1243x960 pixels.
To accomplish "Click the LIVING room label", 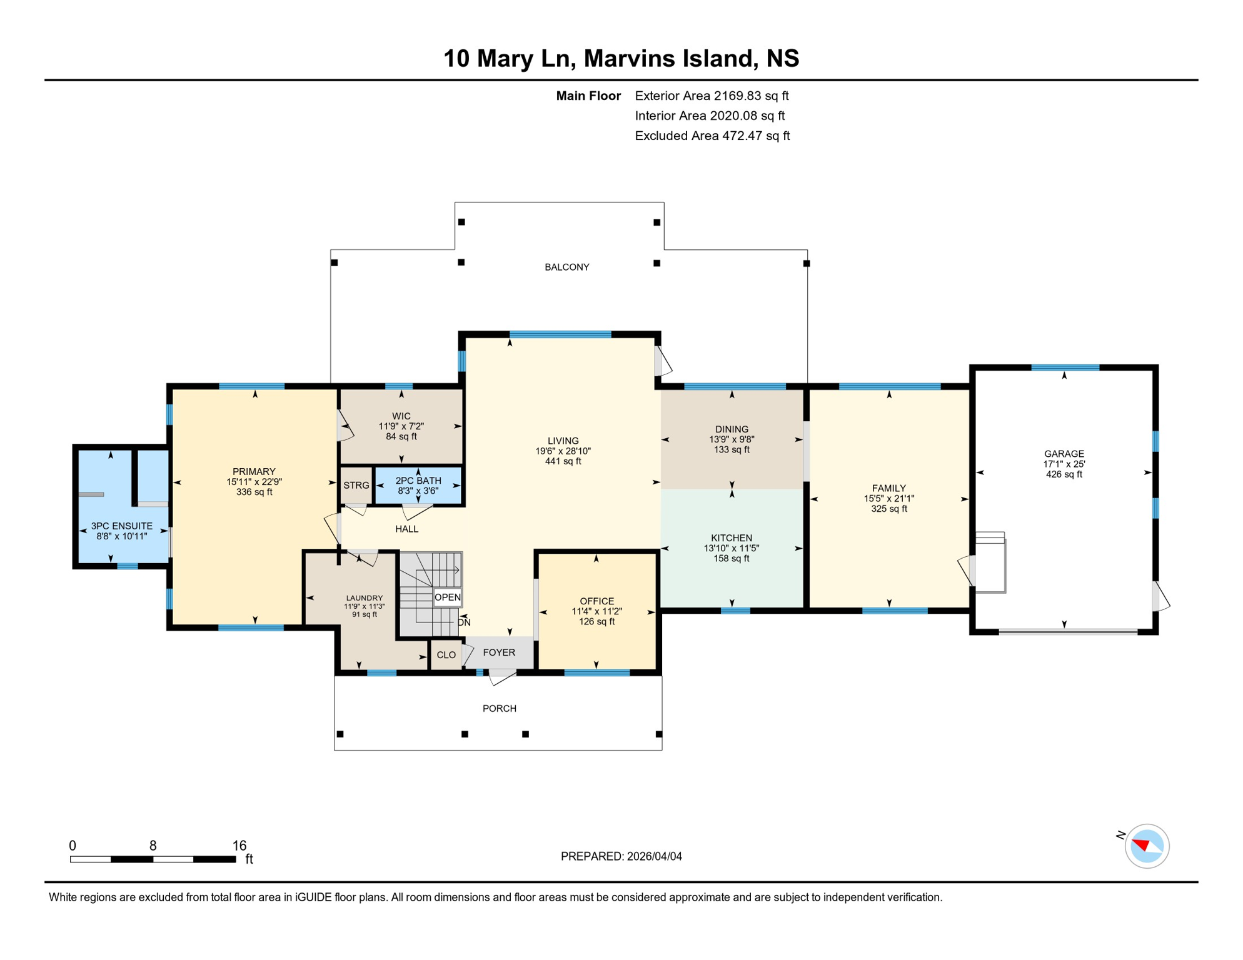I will click(x=563, y=441).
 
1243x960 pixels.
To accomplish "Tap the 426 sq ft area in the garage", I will click(x=1064, y=474).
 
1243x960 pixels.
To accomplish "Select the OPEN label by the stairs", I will click(x=447, y=597).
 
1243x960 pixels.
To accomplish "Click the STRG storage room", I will click(x=356, y=485).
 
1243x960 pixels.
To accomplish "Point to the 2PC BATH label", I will click(x=418, y=481).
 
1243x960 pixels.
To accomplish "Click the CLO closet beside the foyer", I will click(x=446, y=654).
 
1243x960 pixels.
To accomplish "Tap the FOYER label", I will click(x=499, y=652).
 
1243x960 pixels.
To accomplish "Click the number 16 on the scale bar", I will click(x=239, y=845).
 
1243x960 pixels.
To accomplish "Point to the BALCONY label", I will click(x=566, y=267).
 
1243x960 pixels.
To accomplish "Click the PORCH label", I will click(x=499, y=708).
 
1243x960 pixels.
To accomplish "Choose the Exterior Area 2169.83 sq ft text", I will click(x=712, y=96).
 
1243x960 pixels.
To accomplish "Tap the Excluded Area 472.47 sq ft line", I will click(x=712, y=136).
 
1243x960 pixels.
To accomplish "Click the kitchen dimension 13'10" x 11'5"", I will click(x=731, y=548).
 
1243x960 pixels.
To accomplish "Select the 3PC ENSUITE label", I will click(x=121, y=526).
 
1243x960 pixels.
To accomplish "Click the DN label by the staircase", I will click(x=464, y=622).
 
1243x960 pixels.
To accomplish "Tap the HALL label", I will click(x=406, y=529).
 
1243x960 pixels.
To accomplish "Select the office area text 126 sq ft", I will click(x=596, y=621).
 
